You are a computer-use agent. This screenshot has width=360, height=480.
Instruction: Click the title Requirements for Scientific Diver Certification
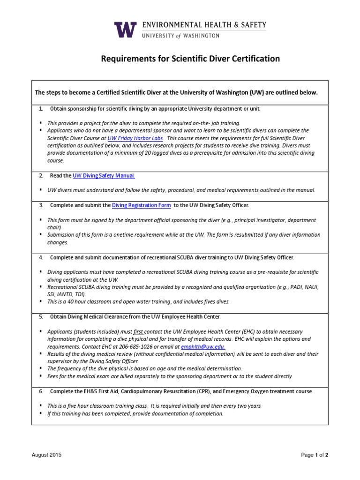pyautogui.click(x=191, y=59)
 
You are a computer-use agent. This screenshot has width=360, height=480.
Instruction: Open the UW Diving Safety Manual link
pyautogui.click(x=104, y=175)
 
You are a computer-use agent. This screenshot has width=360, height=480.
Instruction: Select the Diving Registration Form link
pyautogui.click(x=141, y=205)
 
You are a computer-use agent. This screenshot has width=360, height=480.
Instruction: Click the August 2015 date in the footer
pyautogui.click(x=46, y=455)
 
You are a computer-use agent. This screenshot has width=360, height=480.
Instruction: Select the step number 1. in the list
pyautogui.click(x=41, y=109)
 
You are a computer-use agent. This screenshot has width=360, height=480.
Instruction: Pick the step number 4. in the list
pyautogui.click(x=41, y=257)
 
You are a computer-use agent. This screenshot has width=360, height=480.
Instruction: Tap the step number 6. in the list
pyautogui.click(x=41, y=391)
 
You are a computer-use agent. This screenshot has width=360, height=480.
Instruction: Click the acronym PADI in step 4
pyautogui.click(x=293, y=287)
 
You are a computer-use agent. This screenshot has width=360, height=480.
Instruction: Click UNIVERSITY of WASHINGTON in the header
pyautogui.click(x=182, y=35)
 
